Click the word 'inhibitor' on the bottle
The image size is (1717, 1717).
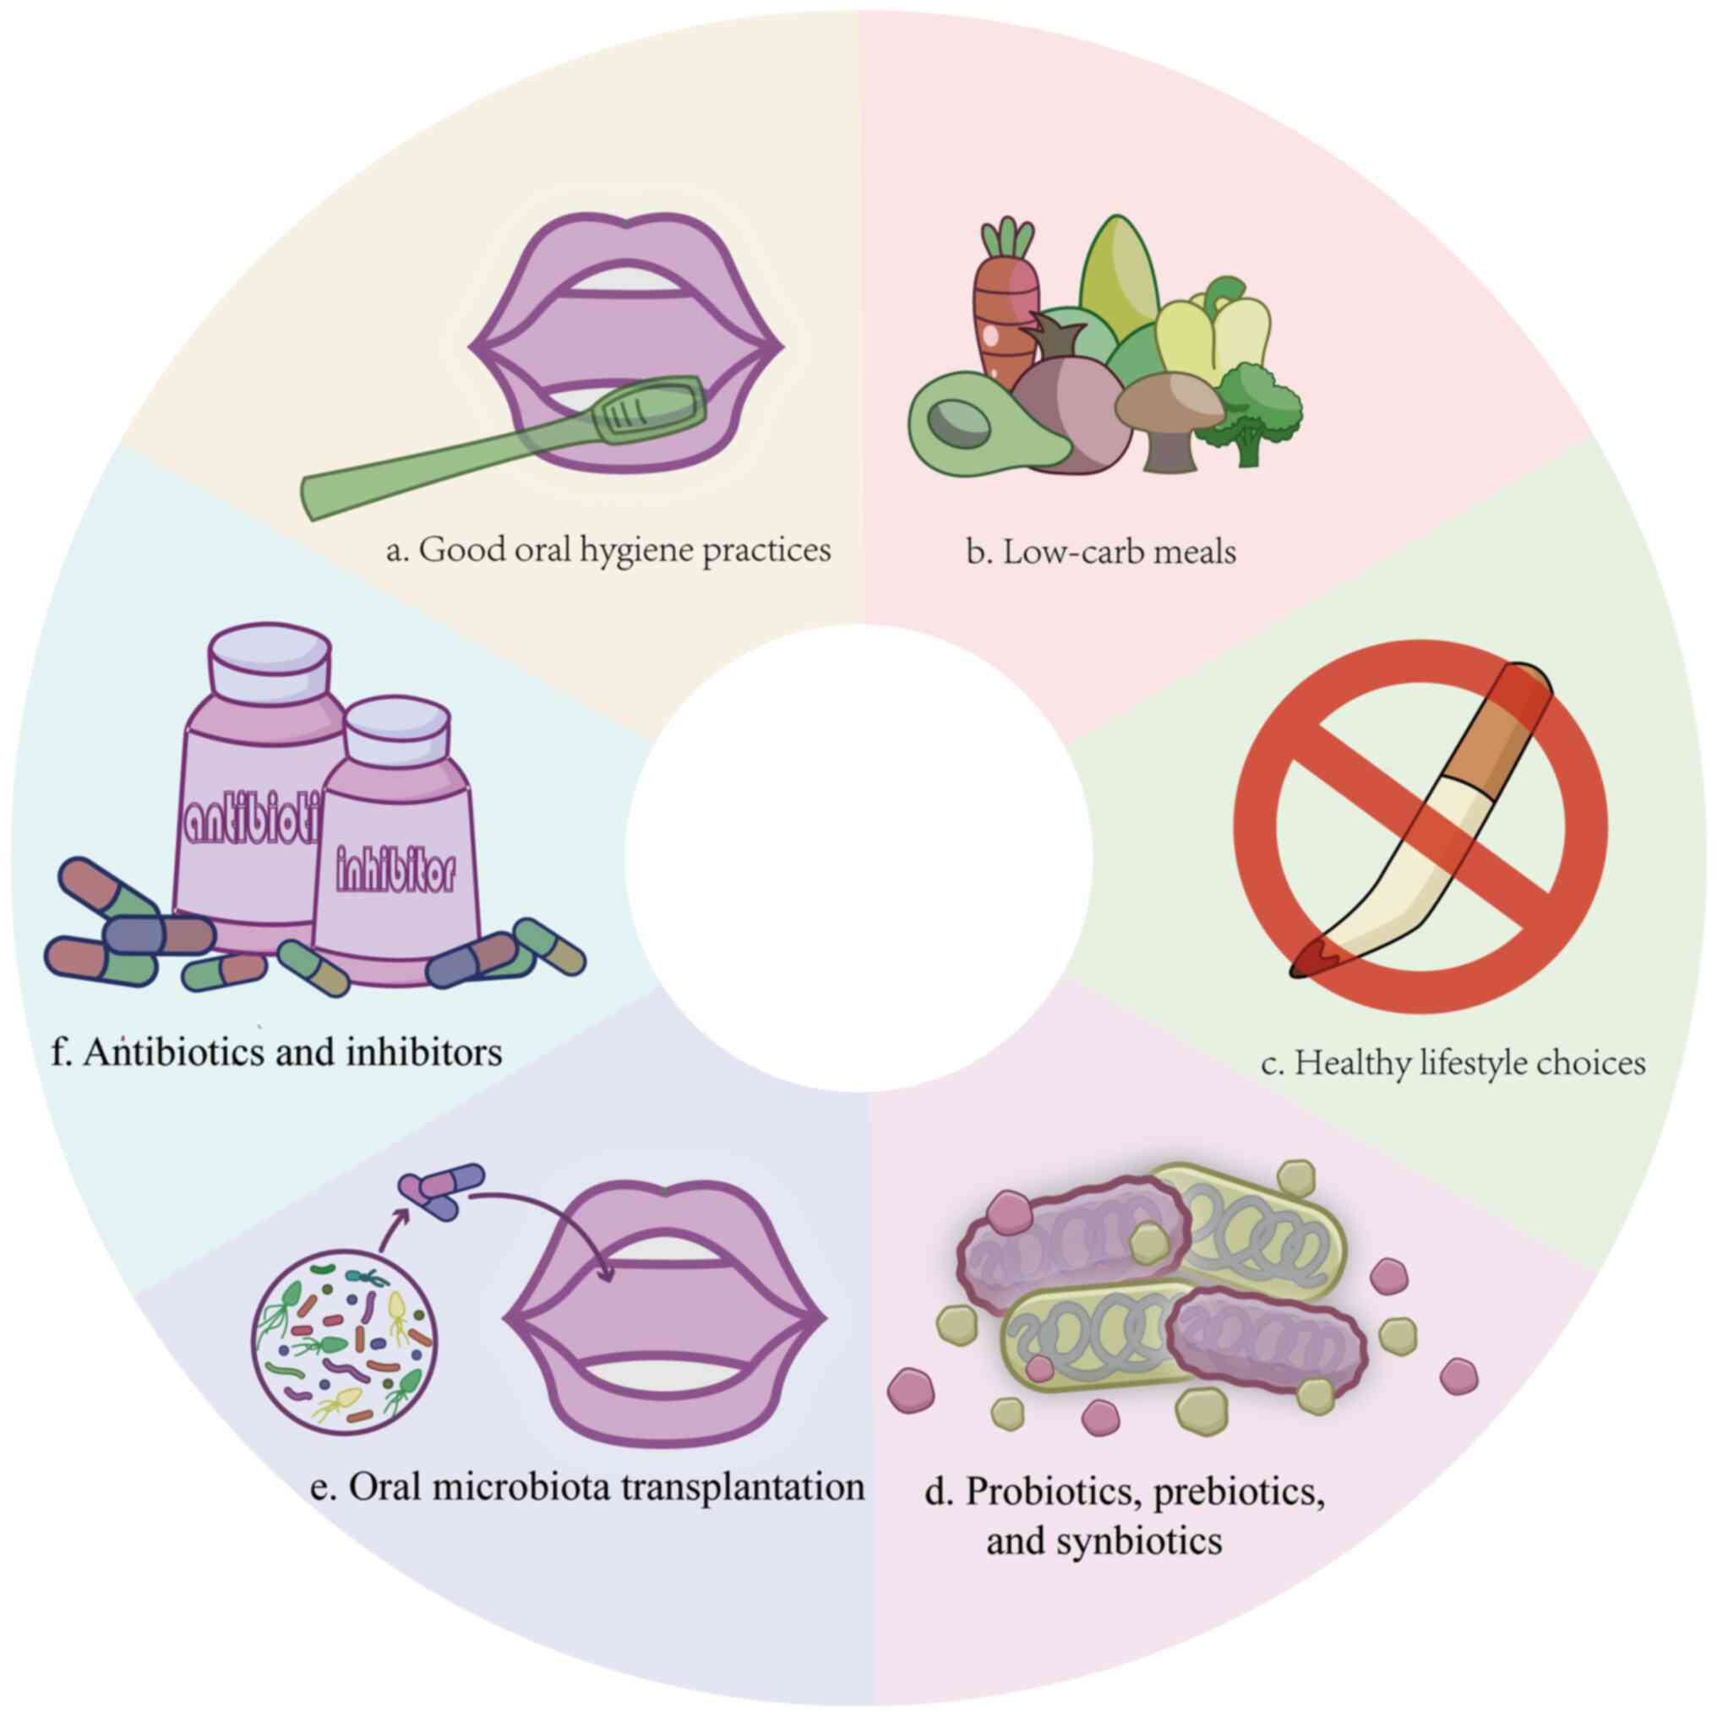pyautogui.click(x=396, y=872)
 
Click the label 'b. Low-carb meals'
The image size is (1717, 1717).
pyautogui.click(x=1101, y=552)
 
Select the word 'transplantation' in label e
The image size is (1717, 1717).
pyautogui.click(x=742, y=1487)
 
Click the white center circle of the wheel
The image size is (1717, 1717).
pyautogui.click(x=858, y=858)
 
